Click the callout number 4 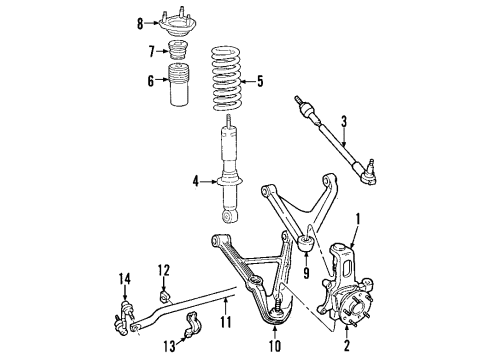197,181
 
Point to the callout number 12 164,268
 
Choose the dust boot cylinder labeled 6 174,86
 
